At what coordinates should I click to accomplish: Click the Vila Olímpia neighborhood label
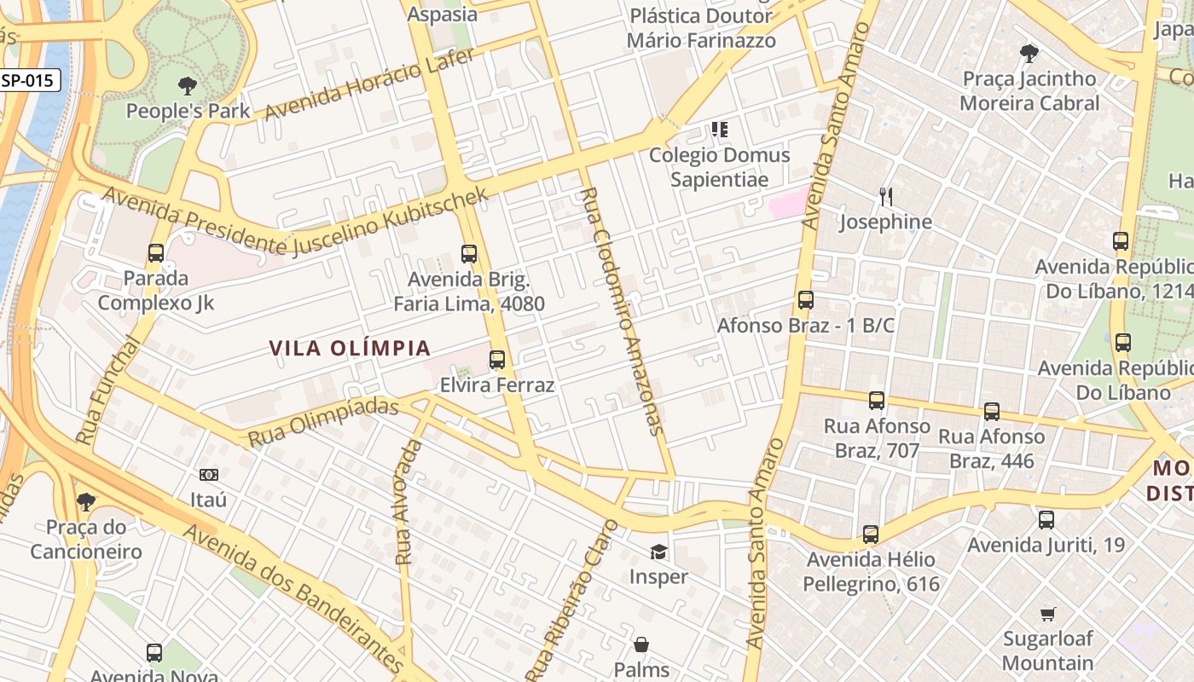(350, 349)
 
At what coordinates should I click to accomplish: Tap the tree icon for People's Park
(188, 85)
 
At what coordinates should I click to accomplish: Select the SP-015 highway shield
(30, 81)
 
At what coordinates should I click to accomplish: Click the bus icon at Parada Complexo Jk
(155, 253)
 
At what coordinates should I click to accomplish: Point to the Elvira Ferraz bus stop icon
(497, 360)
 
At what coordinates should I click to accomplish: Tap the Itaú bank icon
(209, 475)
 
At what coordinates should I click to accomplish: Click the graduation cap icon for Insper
(658, 552)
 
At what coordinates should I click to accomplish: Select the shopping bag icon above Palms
(641, 644)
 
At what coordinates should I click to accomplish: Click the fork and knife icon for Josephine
(886, 197)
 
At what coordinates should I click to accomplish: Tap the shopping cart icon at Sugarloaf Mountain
(1048, 614)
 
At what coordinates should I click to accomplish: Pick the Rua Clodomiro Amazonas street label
(620, 311)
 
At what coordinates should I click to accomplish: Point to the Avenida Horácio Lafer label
(368, 83)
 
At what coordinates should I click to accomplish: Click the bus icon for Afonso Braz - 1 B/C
(805, 300)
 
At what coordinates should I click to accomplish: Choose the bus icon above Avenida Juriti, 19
(1046, 519)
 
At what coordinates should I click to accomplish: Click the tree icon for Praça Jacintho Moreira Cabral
(1029, 54)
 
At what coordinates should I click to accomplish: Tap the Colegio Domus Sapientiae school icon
(720, 130)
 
